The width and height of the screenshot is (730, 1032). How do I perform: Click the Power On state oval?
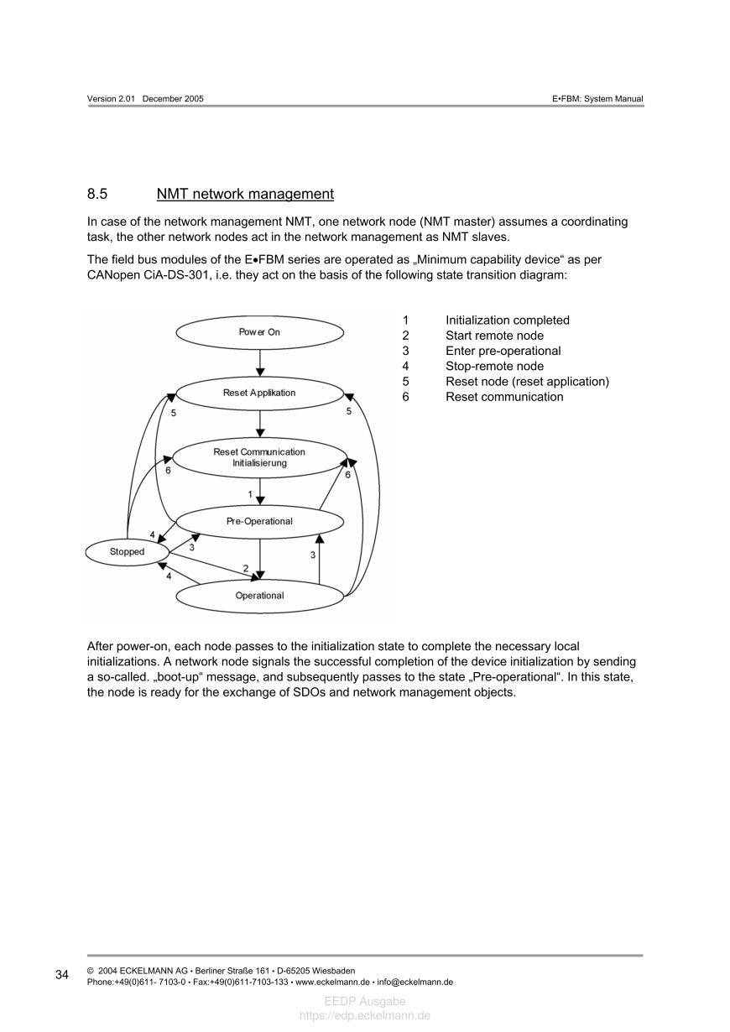[259, 332]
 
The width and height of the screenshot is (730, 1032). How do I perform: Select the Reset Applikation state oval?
[259, 393]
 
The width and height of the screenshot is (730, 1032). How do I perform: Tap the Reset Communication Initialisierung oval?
[259, 457]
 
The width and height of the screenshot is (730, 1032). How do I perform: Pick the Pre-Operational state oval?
[259, 521]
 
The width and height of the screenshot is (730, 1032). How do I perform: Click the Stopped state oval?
[127, 552]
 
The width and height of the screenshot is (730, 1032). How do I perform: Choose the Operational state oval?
[259, 596]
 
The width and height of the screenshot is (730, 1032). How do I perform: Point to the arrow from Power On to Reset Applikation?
[260, 362]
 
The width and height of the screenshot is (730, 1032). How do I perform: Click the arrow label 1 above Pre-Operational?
[250, 493]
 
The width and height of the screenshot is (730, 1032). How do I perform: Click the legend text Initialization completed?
[507, 321]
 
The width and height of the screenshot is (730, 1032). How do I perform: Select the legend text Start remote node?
[494, 336]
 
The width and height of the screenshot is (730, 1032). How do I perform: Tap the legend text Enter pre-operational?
[503, 351]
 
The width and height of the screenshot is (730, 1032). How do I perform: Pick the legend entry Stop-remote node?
[494, 366]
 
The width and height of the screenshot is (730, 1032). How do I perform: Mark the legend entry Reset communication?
[504, 397]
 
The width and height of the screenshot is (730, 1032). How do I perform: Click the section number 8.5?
[97, 195]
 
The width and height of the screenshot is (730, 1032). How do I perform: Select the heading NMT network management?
[245, 195]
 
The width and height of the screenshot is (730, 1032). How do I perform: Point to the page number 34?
[62, 975]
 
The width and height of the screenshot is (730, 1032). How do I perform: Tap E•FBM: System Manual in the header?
[597, 99]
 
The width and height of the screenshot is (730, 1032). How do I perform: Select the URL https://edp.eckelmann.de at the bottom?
[365, 1015]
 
